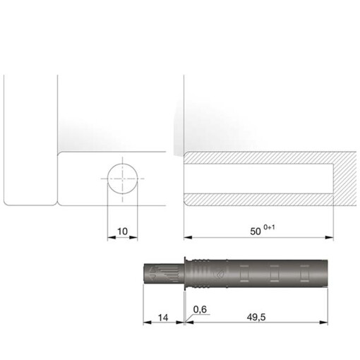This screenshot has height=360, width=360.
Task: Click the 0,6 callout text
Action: coord(200,308)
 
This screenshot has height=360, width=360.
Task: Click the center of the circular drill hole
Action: coord(123,178)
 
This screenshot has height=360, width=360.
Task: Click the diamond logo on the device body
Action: coord(219,272)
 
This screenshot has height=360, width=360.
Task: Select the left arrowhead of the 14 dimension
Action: coord(146,323)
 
